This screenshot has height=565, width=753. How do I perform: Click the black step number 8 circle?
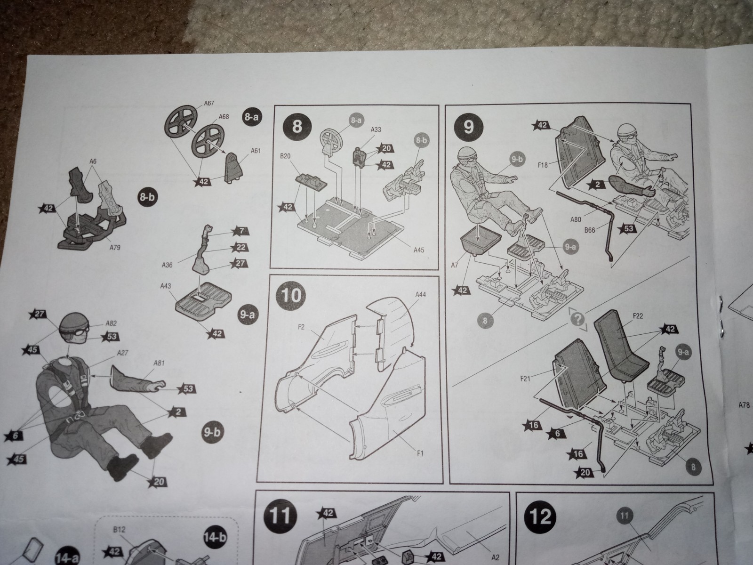(x=297, y=126)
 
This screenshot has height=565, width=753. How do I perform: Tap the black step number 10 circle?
(x=292, y=296)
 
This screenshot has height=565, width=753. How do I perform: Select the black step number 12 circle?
(x=541, y=517)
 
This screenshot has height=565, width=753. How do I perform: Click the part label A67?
(x=209, y=103)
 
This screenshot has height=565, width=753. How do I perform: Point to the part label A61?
(x=256, y=151)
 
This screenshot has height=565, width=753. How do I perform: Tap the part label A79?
(x=115, y=247)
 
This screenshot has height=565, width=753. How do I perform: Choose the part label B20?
(x=285, y=156)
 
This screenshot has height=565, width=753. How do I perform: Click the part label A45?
(x=419, y=250)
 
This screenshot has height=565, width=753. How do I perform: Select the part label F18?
(x=543, y=165)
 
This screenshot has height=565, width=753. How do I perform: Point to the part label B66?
(x=590, y=230)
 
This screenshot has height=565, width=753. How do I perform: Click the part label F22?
(x=637, y=315)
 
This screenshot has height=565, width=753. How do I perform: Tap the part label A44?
(x=421, y=295)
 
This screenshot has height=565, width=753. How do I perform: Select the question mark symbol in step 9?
(x=578, y=320)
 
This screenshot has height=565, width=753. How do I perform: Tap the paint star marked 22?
(x=240, y=247)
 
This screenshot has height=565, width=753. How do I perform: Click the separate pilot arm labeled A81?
(x=137, y=381)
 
